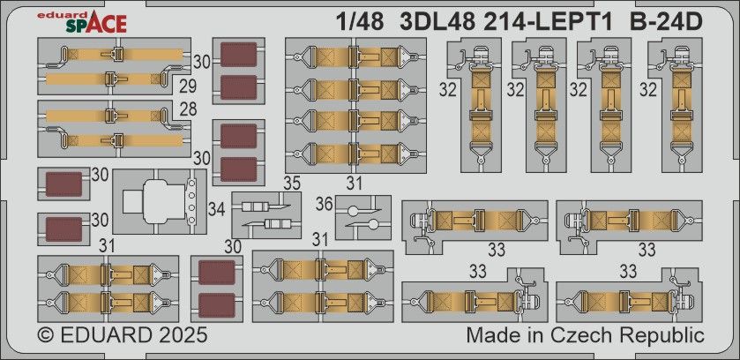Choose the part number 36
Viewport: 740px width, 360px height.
(x=325, y=205)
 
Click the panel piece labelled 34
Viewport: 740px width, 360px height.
(x=159, y=201)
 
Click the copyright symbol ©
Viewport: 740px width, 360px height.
(x=47, y=336)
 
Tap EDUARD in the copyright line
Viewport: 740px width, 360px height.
(x=105, y=336)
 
